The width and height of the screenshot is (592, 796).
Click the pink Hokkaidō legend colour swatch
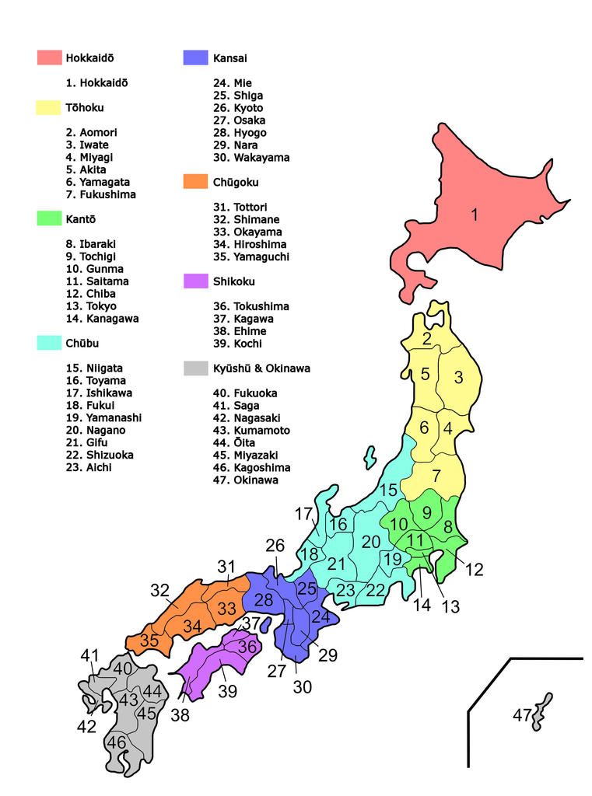49,58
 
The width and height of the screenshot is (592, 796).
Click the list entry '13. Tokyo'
91,306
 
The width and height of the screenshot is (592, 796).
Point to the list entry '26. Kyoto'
238,108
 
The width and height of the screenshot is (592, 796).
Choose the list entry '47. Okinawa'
245,480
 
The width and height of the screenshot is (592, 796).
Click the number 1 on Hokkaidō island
474,215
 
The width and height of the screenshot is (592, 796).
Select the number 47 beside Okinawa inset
523,715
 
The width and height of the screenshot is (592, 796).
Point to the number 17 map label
303,514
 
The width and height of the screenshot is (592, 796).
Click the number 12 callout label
474,570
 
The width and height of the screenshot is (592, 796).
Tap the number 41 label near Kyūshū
90,656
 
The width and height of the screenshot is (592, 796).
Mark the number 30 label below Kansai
302,687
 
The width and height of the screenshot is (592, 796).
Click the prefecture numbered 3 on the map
458,378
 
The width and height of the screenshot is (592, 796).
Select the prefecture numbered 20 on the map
371,542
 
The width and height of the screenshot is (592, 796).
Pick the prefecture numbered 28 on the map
264,599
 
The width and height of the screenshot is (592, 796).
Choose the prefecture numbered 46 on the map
117,743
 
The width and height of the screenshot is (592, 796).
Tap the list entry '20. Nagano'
96,431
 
